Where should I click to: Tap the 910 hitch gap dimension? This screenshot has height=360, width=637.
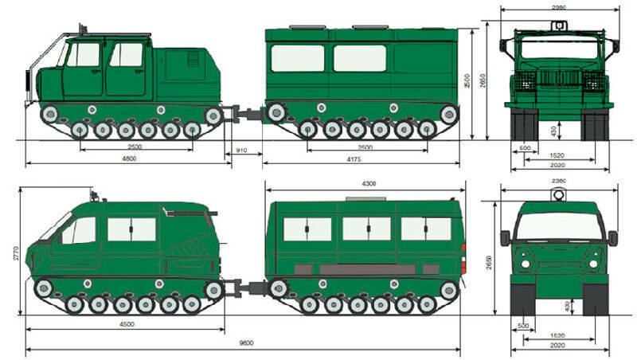click(x=241, y=149)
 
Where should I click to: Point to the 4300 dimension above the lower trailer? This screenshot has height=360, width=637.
click(x=368, y=184)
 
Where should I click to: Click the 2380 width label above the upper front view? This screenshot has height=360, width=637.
click(x=558, y=7)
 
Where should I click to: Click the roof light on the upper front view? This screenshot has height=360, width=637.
click(x=558, y=25)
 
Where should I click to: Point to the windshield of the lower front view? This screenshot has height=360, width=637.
click(x=558, y=225)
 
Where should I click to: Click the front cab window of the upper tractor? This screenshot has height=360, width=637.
click(x=83, y=54)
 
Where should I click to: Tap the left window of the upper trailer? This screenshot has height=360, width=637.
click(x=297, y=58)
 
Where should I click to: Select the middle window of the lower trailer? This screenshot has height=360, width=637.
click(x=366, y=229)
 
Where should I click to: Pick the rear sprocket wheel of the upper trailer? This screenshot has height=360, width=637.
click(x=448, y=115)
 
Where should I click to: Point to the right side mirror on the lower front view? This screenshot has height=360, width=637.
click(x=612, y=237)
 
